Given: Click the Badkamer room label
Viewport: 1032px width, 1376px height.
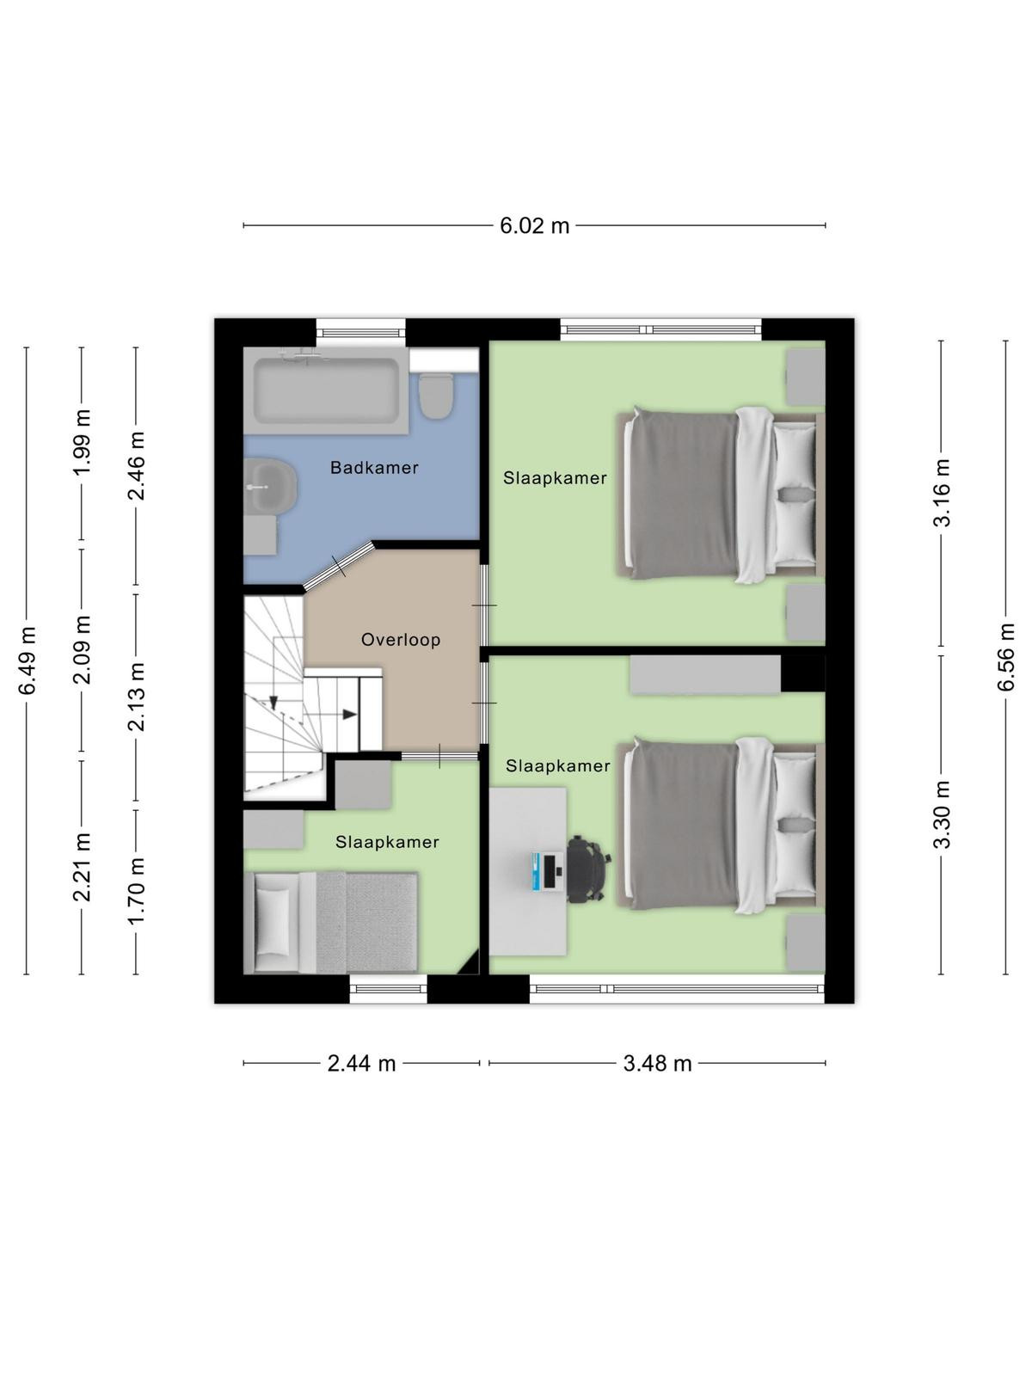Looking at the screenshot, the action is (374, 468).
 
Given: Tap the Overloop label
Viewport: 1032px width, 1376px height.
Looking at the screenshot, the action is (401, 640).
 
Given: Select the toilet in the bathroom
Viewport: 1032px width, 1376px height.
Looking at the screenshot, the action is (435, 396).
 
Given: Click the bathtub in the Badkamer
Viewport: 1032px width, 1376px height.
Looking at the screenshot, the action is (326, 390).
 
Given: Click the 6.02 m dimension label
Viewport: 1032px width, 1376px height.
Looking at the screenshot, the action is (534, 225).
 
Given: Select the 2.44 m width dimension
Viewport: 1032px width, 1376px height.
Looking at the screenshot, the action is (361, 1064).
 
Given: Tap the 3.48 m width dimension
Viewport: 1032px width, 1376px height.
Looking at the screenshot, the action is (657, 1064).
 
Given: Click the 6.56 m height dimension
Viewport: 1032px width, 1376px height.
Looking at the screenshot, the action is (1005, 657).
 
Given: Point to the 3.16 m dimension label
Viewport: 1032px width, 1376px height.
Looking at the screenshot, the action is (942, 493).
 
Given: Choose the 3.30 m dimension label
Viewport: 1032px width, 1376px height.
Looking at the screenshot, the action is (942, 814).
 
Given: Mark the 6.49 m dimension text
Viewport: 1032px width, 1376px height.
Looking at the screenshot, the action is (27, 660).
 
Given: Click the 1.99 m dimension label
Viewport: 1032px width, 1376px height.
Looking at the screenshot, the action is (82, 443).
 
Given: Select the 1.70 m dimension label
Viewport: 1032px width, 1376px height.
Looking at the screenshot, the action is (136, 891).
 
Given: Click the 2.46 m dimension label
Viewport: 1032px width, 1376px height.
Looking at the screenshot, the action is (136, 466).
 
